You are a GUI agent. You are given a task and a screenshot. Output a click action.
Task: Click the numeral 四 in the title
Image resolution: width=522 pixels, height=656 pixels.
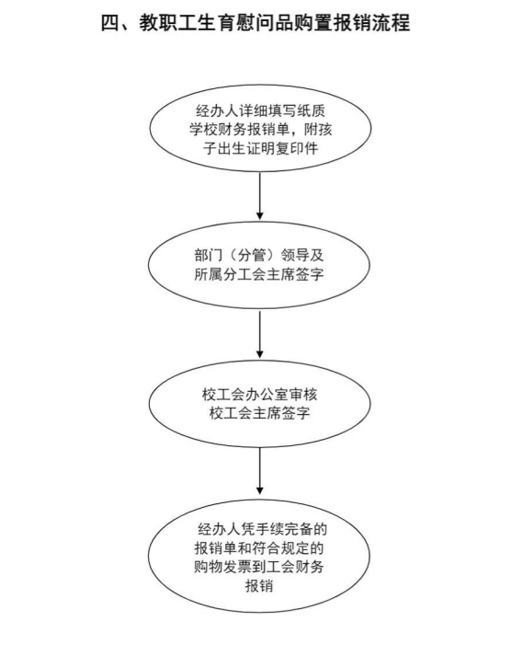(110, 23)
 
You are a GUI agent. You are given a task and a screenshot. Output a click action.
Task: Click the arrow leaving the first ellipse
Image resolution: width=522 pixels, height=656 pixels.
(260, 195)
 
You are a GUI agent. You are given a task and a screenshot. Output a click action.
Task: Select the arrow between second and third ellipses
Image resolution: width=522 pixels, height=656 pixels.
(260, 333)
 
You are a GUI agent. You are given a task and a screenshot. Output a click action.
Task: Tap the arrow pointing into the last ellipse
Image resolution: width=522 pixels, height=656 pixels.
(260, 471)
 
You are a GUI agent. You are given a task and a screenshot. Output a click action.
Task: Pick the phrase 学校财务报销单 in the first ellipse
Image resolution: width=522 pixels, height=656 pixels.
(239, 130)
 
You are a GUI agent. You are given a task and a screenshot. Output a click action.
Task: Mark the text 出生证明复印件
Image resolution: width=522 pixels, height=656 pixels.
(268, 148)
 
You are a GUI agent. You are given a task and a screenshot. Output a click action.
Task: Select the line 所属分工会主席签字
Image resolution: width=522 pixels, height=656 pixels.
(259, 274)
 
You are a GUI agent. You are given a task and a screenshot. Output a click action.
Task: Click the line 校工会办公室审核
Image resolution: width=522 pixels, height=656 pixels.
(259, 394)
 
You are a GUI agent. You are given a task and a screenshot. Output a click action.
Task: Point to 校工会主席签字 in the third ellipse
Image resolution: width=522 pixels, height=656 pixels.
(259, 413)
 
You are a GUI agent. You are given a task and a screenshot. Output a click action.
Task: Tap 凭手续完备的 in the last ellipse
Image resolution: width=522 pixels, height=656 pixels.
(284, 529)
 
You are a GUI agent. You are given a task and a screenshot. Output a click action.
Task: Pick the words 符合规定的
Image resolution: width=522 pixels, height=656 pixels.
(288, 547)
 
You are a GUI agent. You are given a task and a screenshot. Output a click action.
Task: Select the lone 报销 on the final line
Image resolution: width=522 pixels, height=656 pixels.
(259, 585)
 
